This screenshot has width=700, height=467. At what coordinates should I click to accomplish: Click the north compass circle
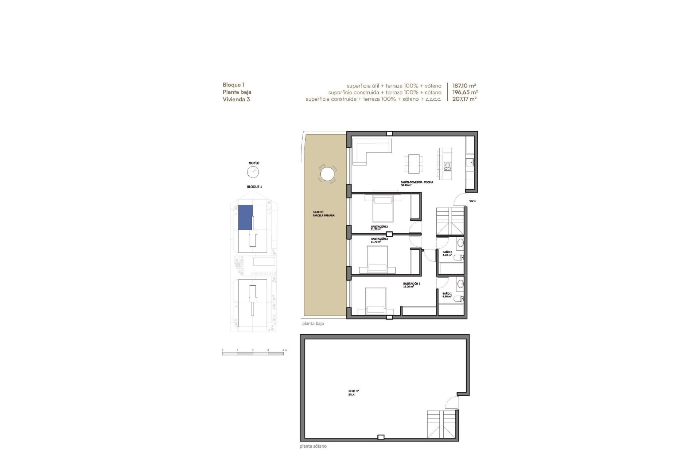click(253, 172)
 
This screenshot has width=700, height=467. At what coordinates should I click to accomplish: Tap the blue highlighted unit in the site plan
click(245, 217)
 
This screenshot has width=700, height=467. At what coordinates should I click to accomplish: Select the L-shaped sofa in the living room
click(370, 150)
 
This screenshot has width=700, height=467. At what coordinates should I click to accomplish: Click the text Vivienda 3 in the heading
click(236, 99)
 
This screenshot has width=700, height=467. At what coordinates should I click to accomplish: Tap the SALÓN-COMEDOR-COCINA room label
click(417, 182)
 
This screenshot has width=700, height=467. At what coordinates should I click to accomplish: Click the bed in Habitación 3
click(383, 208)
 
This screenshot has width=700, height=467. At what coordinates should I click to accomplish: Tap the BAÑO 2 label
click(447, 252)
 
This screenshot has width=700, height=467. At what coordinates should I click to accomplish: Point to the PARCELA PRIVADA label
click(323, 215)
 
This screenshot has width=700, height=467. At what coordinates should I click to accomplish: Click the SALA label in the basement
click(351, 394)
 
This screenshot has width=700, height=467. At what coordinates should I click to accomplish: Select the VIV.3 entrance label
click(472, 201)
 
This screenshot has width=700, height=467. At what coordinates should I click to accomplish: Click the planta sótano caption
click(313, 446)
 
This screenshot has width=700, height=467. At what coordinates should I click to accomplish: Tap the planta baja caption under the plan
click(313, 324)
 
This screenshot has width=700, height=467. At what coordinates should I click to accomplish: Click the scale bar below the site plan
click(253, 354)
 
